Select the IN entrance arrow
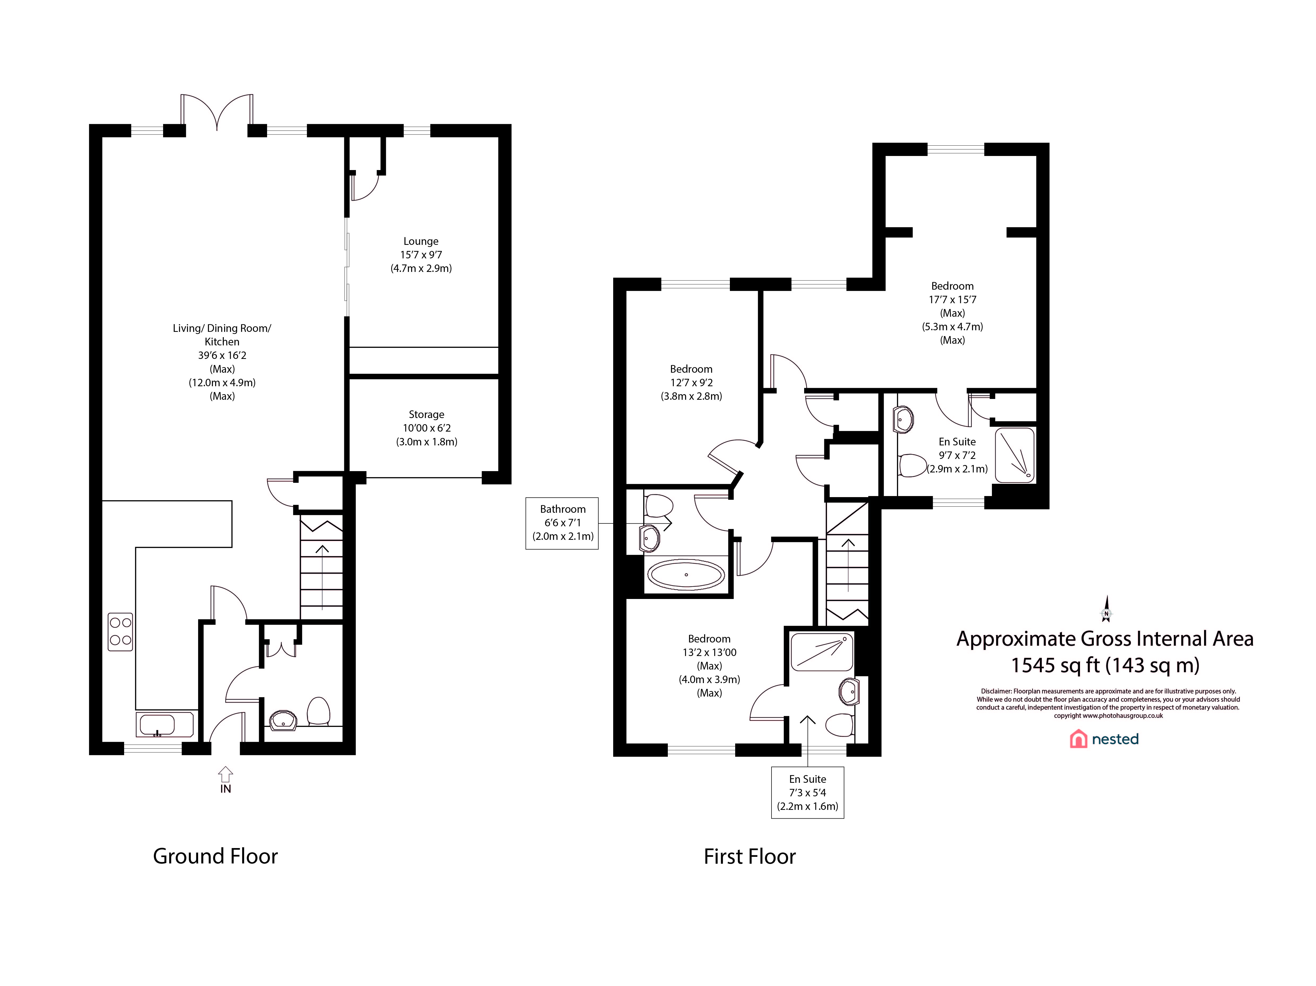(225, 774)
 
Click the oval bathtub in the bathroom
(686, 575)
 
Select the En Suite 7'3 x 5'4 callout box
(807, 793)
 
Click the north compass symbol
(1106, 609)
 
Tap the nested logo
(1104, 739)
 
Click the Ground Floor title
(215, 856)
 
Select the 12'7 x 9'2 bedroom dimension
(691, 383)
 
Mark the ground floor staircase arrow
(322, 577)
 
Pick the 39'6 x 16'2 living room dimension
(222, 355)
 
